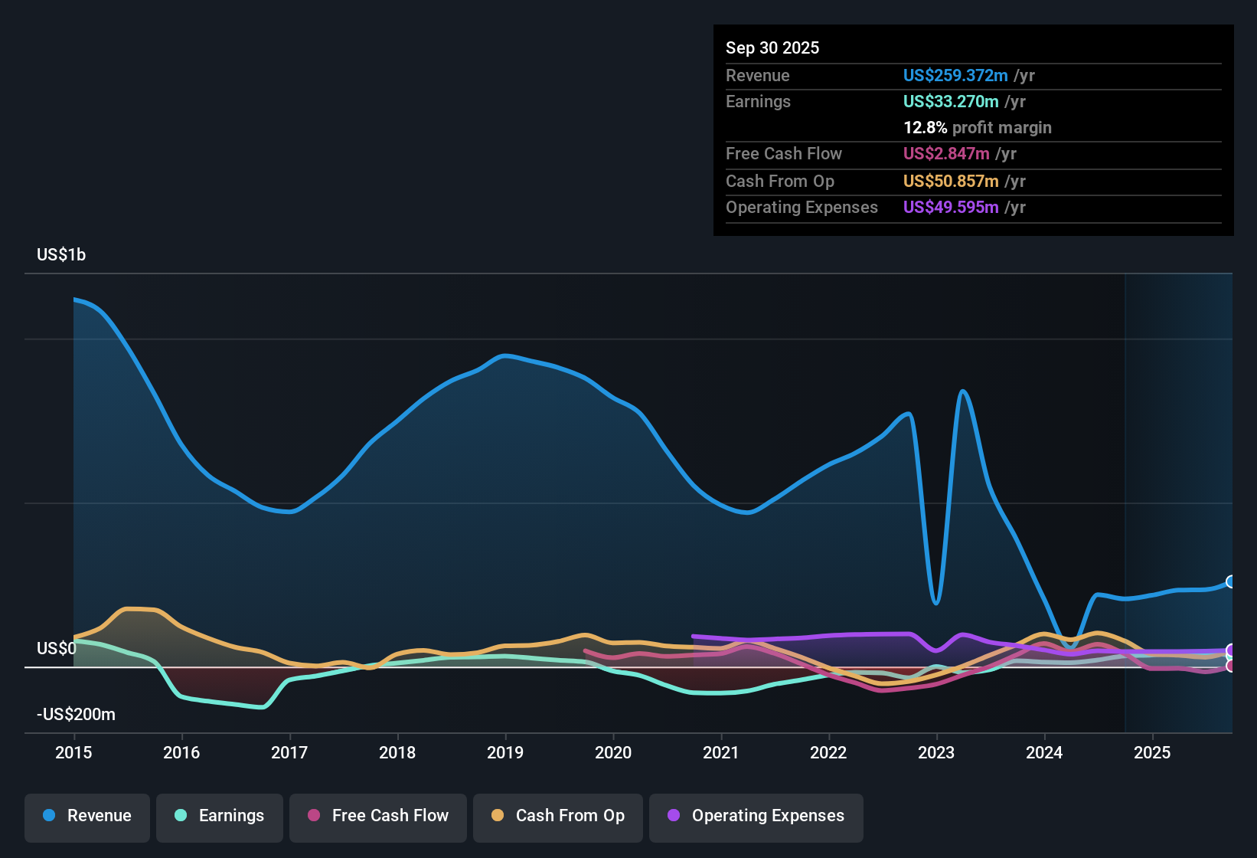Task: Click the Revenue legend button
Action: coord(87,816)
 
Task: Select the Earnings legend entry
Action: coord(220,816)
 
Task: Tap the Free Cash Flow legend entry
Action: coord(378,816)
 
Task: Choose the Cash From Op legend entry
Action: coord(558,816)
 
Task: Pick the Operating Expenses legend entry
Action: coord(756,816)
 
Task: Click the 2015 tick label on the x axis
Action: coord(73,752)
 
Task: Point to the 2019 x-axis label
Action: coord(505,752)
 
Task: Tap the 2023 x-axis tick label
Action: coord(936,752)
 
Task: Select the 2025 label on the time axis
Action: coord(1152,752)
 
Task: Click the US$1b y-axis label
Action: coord(61,255)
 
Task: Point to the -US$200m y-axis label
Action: coord(76,715)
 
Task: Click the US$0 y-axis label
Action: coord(57,649)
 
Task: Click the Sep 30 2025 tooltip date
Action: coord(772,47)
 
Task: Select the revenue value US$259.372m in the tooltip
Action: coord(955,75)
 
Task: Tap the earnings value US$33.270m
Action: coord(951,101)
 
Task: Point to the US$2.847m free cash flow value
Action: coord(946,153)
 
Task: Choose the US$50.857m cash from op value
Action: coord(951,181)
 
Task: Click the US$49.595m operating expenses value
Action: coord(951,207)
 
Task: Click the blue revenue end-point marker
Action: coord(1231,581)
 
